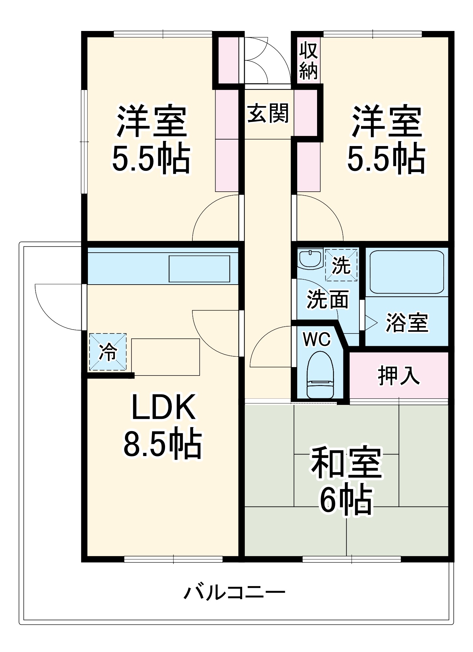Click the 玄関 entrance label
[x=268, y=114]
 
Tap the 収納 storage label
[x=308, y=61]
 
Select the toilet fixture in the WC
[x=320, y=375]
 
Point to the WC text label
[x=316, y=340]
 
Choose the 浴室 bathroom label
[x=407, y=322]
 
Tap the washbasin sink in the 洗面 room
[x=310, y=259]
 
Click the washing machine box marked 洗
[x=341, y=265]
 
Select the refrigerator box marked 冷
[x=108, y=352]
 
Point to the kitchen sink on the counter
[x=199, y=269]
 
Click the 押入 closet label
[x=398, y=376]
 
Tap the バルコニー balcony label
[x=234, y=592]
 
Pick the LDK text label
[x=163, y=407]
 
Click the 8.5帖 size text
[x=162, y=443]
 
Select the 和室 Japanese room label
[x=346, y=463]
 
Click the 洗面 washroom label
[x=327, y=299]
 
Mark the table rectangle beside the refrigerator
[x=165, y=357]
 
